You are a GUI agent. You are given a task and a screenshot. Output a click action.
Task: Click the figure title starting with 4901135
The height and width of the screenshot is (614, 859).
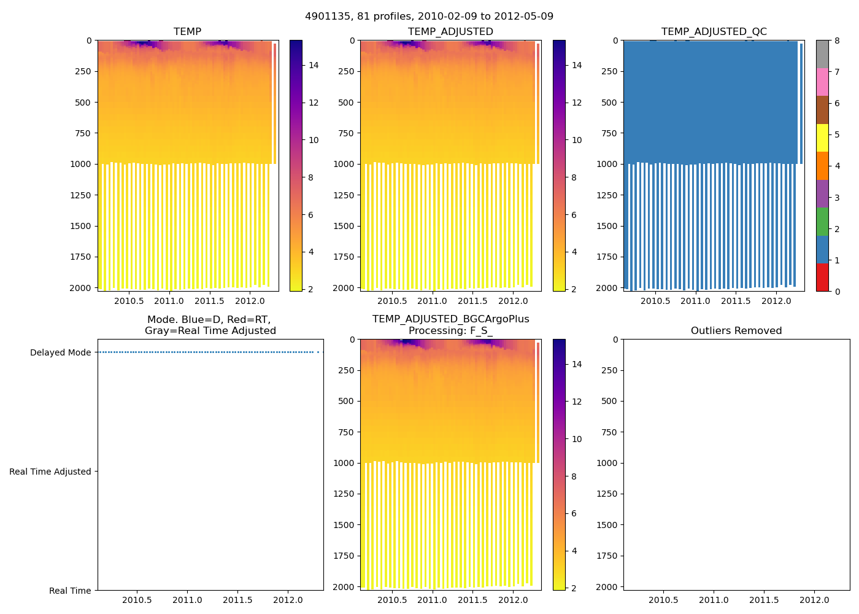coord(429,16)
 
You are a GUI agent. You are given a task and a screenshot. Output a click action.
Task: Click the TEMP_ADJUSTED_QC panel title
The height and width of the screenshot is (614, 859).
coord(714,31)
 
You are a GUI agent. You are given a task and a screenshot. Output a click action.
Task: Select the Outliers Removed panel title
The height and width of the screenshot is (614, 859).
coord(736,330)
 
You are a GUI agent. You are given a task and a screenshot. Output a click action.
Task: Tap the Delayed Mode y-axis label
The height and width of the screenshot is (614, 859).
coord(60,352)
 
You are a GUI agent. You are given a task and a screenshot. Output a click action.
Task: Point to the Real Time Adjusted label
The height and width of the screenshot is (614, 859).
coord(50,472)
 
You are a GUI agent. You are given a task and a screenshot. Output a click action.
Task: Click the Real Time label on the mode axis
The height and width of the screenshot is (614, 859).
coord(70,591)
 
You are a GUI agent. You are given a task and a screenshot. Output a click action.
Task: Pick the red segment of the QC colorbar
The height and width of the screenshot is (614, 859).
coord(822,278)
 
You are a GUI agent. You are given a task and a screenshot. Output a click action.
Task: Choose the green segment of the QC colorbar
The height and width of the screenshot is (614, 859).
coord(822,222)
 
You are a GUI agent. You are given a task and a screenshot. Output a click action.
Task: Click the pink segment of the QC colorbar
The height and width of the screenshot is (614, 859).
coord(822,82)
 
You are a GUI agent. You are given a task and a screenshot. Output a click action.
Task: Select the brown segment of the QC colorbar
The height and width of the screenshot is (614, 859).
coord(822,110)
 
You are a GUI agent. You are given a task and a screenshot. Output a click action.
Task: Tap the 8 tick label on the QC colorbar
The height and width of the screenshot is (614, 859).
coord(837,41)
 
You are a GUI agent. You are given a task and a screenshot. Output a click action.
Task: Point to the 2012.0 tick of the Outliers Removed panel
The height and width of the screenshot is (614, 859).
coord(814,600)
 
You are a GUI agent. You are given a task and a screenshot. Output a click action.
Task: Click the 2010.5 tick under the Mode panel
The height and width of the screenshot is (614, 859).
coord(137,600)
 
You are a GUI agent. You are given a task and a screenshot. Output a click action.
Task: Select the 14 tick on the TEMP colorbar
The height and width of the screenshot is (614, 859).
coord(314,65)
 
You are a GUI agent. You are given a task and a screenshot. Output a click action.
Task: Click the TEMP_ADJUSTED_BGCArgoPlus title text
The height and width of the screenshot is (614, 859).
coord(450,319)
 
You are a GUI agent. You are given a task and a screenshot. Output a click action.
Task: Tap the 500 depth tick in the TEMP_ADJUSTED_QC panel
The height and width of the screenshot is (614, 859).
coord(609,103)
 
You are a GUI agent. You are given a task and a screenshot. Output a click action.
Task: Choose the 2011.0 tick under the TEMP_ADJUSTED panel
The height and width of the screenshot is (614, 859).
coord(433,301)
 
